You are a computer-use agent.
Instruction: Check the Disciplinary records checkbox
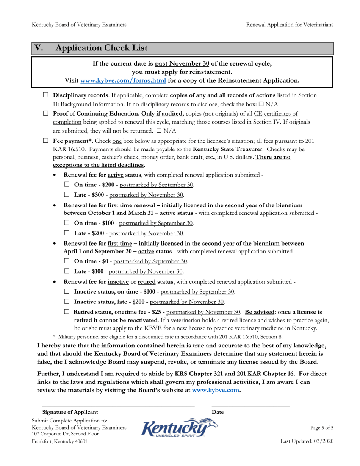coord(46,95)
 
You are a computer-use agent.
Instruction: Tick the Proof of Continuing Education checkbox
coord(46,113)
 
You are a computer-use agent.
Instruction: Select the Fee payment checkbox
coord(46,141)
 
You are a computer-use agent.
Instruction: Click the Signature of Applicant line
coord(118,406)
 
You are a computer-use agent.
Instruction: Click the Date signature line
coord(250,406)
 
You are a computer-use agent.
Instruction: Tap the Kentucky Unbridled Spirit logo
coord(180,428)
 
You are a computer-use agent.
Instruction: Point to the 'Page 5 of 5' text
coord(322,428)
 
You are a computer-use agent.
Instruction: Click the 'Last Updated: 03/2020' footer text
coord(307,441)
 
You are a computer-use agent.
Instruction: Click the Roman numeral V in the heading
coord(39,48)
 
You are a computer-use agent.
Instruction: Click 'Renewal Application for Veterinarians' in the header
coord(290,25)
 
